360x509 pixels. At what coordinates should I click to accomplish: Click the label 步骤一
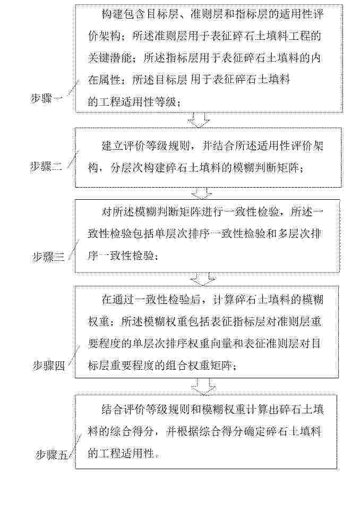coord(48,98)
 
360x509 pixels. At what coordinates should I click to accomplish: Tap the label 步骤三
coord(48,258)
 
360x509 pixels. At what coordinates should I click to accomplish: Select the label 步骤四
coord(49,366)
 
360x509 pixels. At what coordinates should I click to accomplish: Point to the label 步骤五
coord(52,455)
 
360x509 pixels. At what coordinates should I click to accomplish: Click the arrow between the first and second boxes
coord(199,120)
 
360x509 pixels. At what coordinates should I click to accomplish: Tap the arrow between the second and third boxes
coord(202,194)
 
